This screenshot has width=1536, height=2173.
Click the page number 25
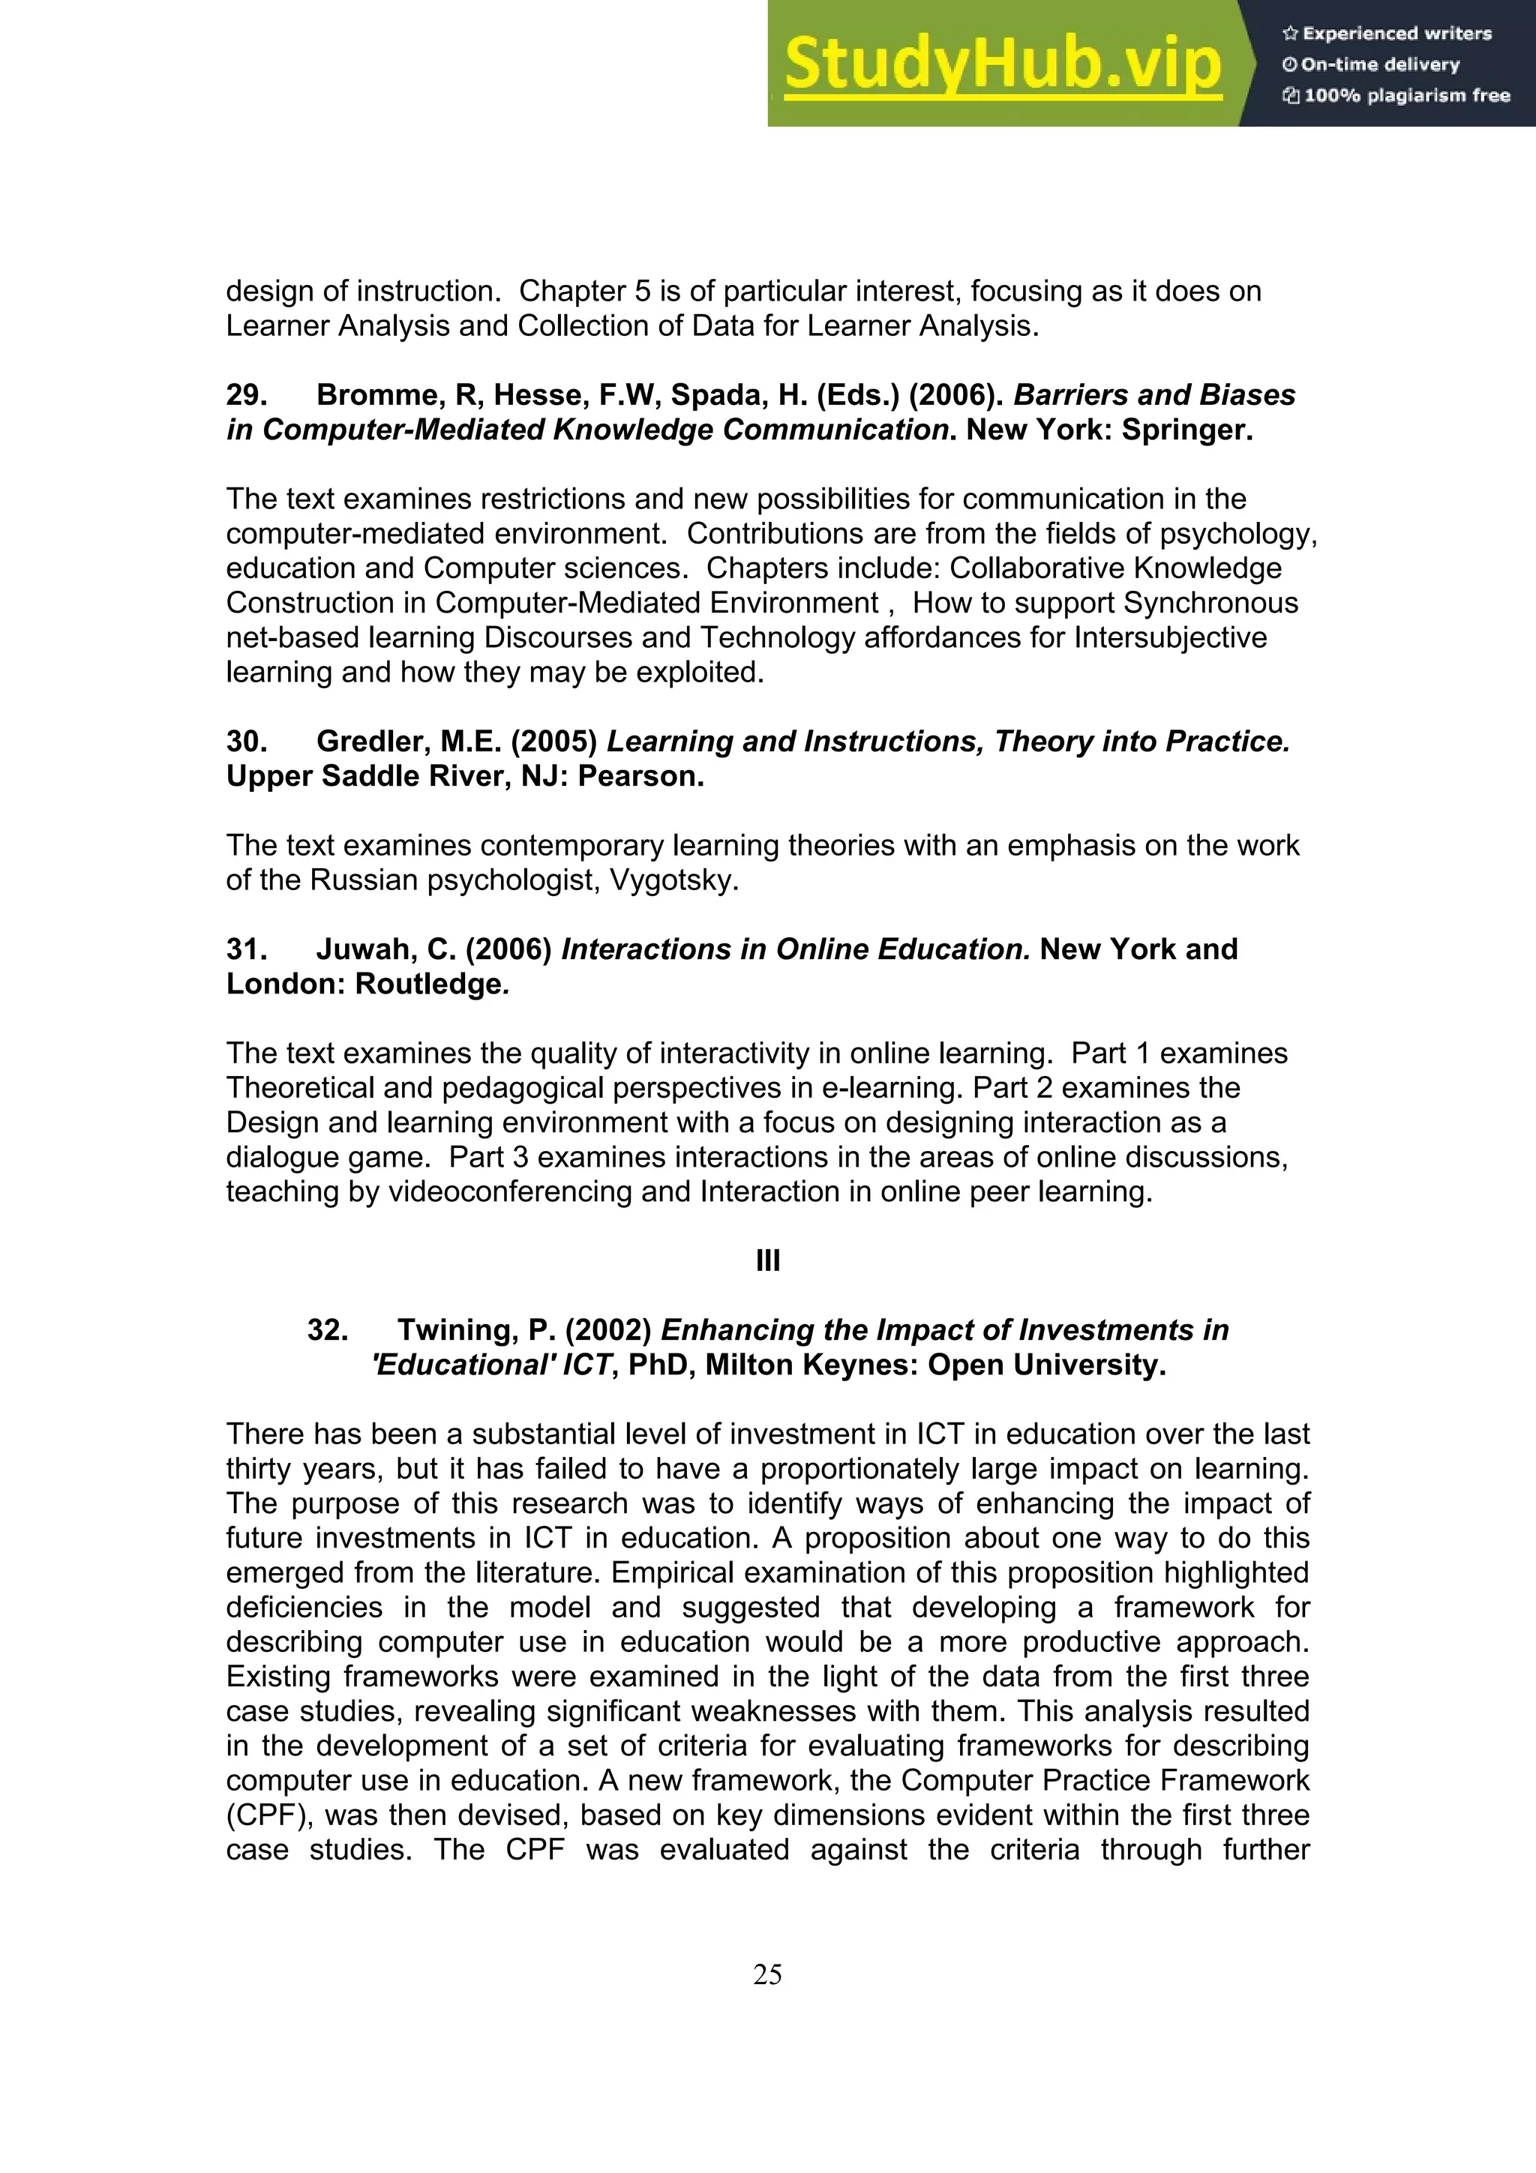point(767,1974)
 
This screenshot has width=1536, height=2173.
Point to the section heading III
point(767,1260)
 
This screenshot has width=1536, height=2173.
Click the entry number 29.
point(246,394)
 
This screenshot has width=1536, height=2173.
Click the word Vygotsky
point(673,880)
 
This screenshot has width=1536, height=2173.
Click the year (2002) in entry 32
point(607,1329)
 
